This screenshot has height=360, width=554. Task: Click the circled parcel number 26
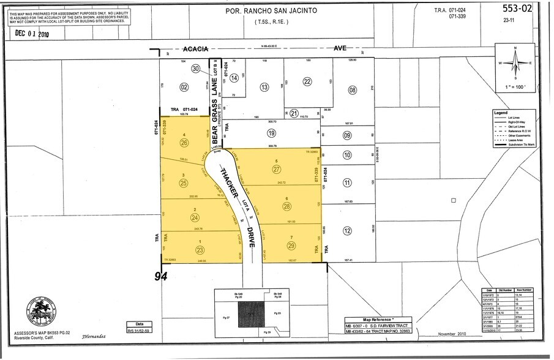pos(185,143)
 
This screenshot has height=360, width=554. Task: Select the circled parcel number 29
pos(291,245)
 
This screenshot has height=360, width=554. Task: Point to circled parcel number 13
pos(264,88)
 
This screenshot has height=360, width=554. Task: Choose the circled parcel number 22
pos(307,81)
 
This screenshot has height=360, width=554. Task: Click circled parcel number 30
pos(196,69)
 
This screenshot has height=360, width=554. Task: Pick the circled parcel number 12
pos(348,230)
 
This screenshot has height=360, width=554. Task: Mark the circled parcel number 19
pos(271,133)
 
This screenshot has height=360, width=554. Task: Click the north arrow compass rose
pos(515,62)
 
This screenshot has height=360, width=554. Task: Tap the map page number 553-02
pos(517,9)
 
